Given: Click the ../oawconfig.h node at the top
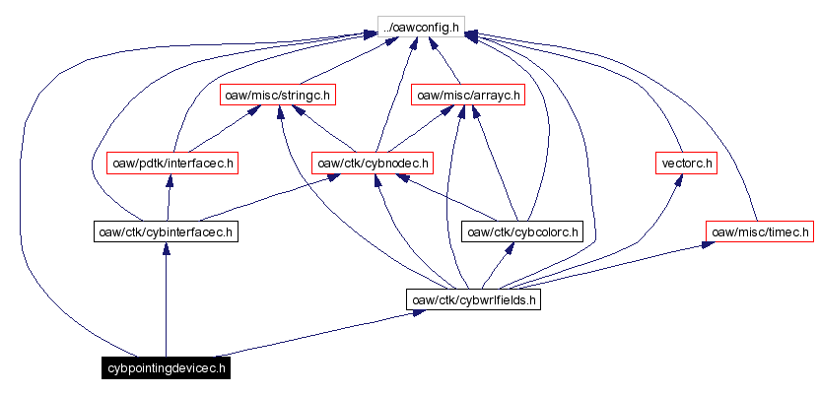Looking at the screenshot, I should click(x=421, y=27).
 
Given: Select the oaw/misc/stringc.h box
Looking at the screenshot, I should click(x=278, y=96).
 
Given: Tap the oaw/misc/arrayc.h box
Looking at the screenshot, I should click(x=467, y=96).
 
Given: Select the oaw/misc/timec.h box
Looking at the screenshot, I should click(x=759, y=231).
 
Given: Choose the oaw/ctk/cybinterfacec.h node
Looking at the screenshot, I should click(x=165, y=232).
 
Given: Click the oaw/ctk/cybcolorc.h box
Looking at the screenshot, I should click(x=522, y=232).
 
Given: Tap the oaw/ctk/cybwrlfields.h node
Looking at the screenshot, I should click(x=473, y=299).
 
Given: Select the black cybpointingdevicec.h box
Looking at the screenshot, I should click(x=166, y=368).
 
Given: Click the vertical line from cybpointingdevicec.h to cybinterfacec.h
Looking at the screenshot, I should click(x=166, y=305).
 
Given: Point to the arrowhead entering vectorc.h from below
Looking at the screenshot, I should click(x=680, y=182).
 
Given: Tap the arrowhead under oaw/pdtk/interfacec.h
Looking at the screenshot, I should click(x=171, y=182).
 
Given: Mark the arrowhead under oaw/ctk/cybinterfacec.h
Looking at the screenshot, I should click(x=166, y=251).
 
